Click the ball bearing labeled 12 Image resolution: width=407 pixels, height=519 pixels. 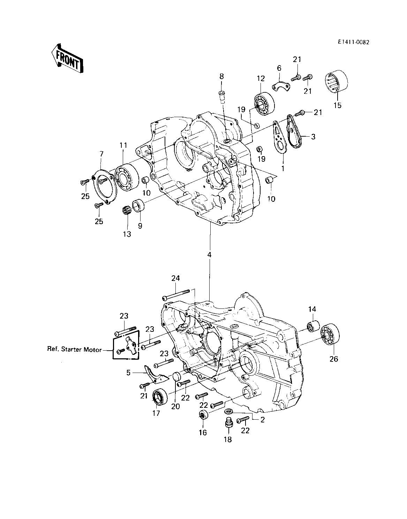tap(264, 103)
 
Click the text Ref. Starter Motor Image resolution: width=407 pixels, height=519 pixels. tap(74, 349)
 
